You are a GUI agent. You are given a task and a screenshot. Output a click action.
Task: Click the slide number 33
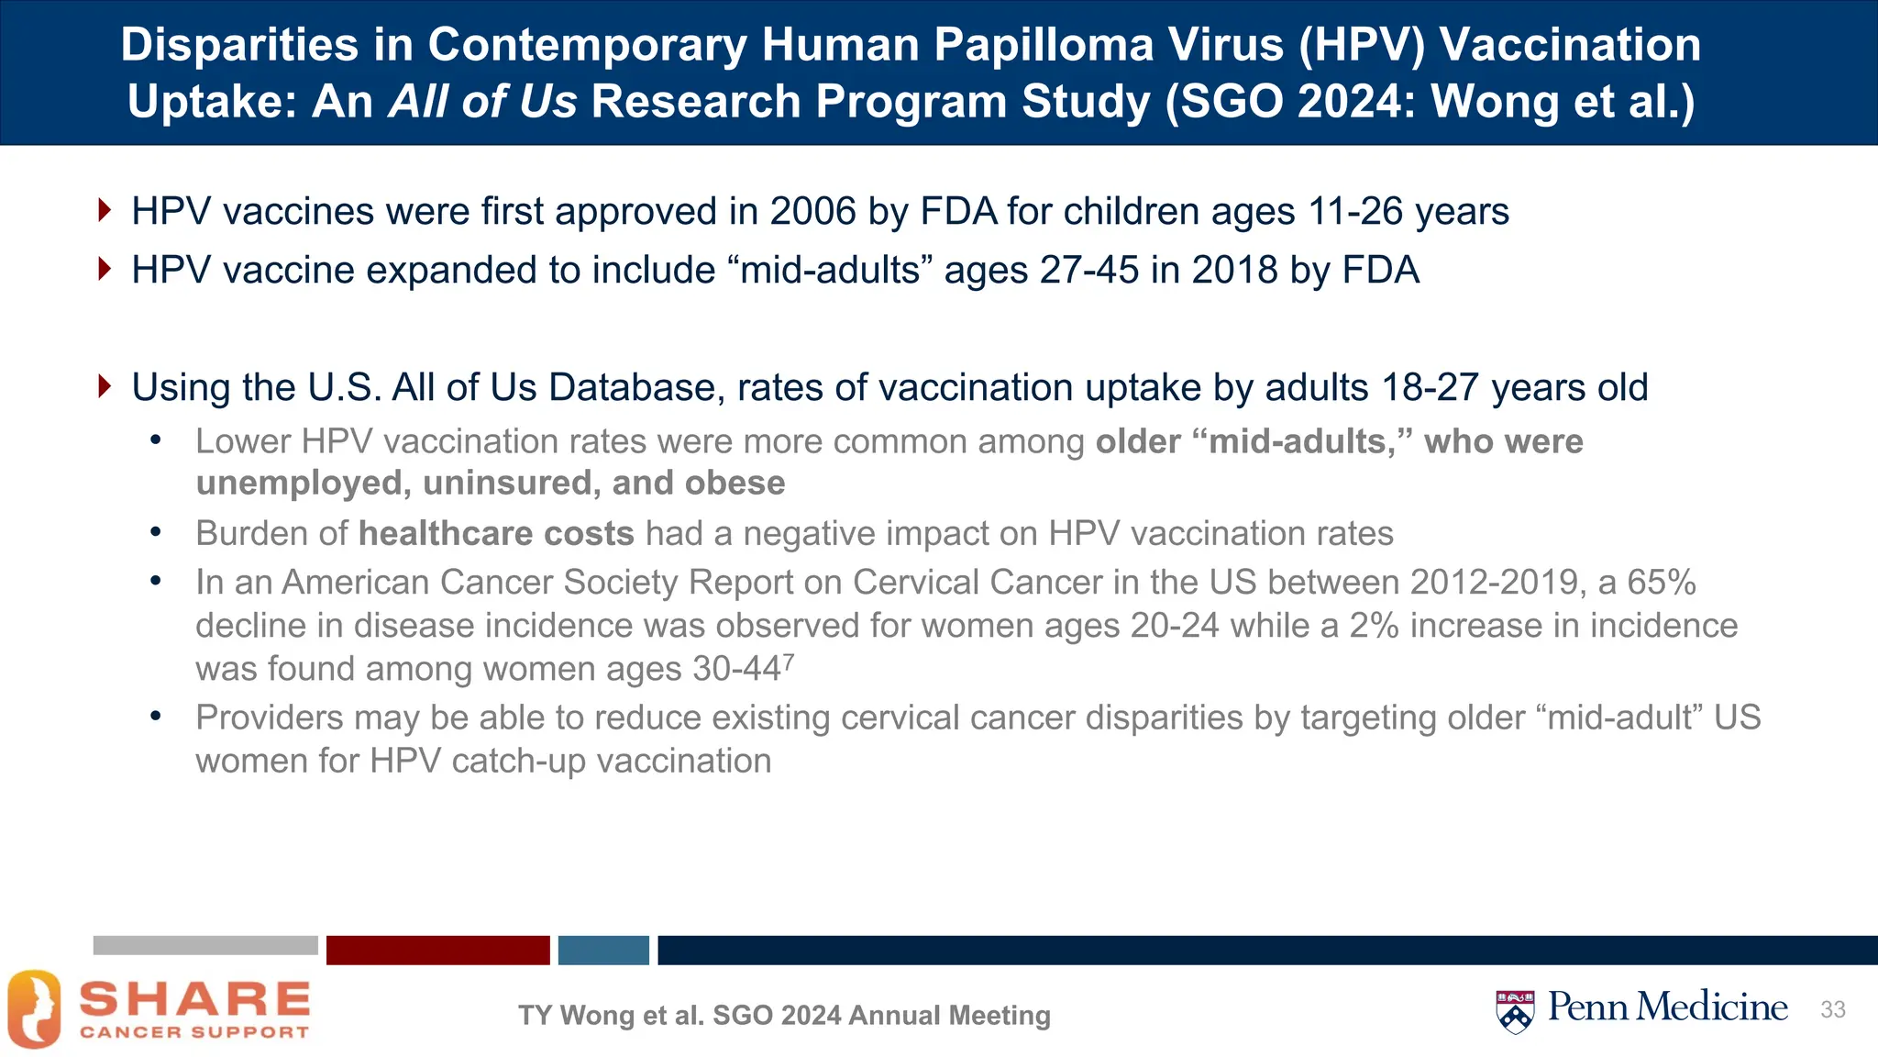point(1832,1010)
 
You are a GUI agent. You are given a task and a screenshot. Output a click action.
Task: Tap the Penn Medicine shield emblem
point(1515,1011)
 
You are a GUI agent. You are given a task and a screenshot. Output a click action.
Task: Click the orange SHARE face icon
point(35,1009)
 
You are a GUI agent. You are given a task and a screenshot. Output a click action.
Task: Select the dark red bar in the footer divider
point(437,951)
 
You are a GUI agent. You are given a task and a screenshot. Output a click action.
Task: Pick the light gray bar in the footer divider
point(205,946)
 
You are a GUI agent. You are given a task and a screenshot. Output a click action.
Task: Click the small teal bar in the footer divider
point(603,951)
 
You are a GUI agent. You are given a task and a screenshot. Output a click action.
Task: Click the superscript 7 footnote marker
point(790,661)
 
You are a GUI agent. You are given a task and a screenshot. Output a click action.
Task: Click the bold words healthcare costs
point(496,534)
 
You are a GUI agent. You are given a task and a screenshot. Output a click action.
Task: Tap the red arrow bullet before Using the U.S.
point(105,386)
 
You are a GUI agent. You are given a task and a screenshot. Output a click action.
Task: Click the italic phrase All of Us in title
point(482,101)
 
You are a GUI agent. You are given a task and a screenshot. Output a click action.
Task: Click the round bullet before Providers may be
point(156,716)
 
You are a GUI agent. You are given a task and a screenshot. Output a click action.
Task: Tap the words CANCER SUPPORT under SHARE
point(194,1032)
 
